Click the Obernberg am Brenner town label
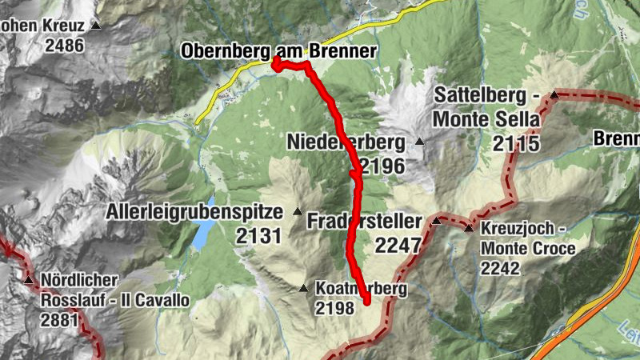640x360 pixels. coord(278,51)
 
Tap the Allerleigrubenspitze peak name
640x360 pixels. coord(195,213)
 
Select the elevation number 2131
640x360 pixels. coord(259,236)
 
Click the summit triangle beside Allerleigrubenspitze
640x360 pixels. coord(298,212)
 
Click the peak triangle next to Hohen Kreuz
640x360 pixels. coord(96,26)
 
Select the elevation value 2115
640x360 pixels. coord(517,144)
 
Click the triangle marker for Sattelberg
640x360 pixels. coord(554,95)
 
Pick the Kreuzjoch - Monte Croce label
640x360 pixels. coord(527,238)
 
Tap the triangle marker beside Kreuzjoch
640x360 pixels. coord(468,229)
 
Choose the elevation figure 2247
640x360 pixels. coord(397,246)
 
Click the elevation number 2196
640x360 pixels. coord(383,166)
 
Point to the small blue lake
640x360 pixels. coord(203,233)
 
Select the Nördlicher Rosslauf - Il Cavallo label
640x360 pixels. coord(117,291)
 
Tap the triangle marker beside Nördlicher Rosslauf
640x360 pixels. coord(29,281)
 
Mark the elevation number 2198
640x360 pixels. coord(335,307)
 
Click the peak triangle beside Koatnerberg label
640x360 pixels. coord(303,288)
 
